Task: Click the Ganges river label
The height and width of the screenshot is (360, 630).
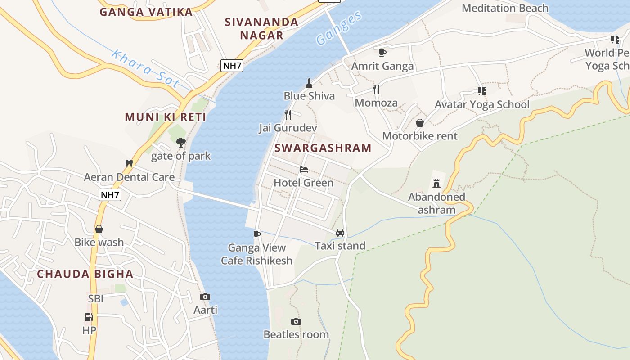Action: click(x=339, y=28)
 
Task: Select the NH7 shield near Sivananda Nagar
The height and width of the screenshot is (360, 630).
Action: click(x=232, y=66)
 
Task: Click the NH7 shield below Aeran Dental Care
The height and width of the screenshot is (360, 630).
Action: click(x=110, y=194)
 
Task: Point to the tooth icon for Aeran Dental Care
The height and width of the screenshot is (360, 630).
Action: click(x=129, y=163)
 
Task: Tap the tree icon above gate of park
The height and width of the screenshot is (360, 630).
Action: click(x=181, y=143)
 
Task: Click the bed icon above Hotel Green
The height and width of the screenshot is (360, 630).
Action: click(x=304, y=170)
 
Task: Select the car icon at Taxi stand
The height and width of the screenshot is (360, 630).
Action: click(x=340, y=233)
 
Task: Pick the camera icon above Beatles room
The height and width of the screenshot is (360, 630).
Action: click(x=296, y=321)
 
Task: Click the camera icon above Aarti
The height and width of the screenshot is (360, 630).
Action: click(x=205, y=297)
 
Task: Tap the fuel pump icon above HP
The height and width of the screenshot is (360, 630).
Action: click(x=89, y=317)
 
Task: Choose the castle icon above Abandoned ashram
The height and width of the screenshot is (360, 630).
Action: click(x=436, y=183)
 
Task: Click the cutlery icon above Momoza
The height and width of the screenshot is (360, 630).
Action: click(x=376, y=89)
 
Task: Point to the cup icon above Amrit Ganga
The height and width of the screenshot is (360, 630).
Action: click(x=382, y=53)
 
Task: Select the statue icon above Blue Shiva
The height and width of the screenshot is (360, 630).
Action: click(x=309, y=83)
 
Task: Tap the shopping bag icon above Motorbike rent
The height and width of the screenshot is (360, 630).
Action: click(x=420, y=122)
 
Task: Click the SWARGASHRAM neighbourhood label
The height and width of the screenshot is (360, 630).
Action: click(x=323, y=148)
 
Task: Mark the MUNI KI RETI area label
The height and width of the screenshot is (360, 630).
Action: click(x=166, y=117)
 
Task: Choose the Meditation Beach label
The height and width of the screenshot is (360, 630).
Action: click(x=505, y=8)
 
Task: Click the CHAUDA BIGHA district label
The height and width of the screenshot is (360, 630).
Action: click(x=85, y=274)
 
